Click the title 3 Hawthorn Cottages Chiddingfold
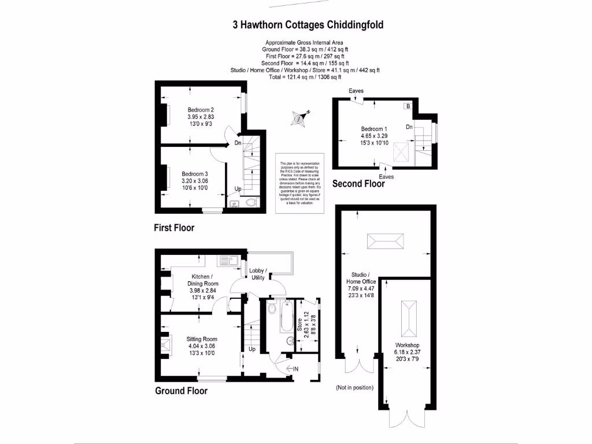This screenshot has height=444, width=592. coord(308,25)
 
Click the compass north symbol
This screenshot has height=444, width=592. coord(300,119)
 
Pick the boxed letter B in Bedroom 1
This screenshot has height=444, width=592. coord(408,106)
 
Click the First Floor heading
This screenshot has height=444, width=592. coord(174,228)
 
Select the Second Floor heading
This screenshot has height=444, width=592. coord(358,184)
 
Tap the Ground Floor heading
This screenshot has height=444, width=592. coord(181,391)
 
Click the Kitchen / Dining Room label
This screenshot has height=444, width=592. coord(202,283)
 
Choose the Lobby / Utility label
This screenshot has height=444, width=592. coord(257,274)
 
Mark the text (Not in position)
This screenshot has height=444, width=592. coord(354,387)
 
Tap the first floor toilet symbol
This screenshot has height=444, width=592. coord(249,203)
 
